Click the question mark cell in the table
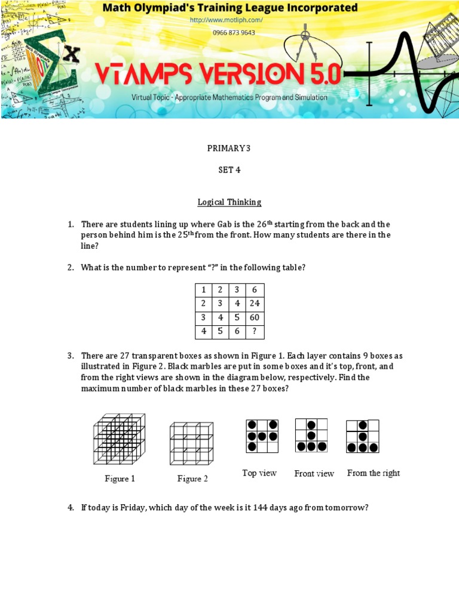click(255, 331)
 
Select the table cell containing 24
click(255, 303)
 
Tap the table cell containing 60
click(255, 317)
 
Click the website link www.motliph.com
click(226, 20)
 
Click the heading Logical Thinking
click(229, 202)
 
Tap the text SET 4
click(229, 170)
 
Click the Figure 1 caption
click(120, 479)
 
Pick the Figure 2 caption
click(192, 479)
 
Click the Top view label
click(259, 473)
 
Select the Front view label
click(314, 474)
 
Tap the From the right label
click(374, 473)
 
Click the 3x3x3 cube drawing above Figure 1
click(119, 440)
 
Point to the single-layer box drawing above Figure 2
click(191, 443)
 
